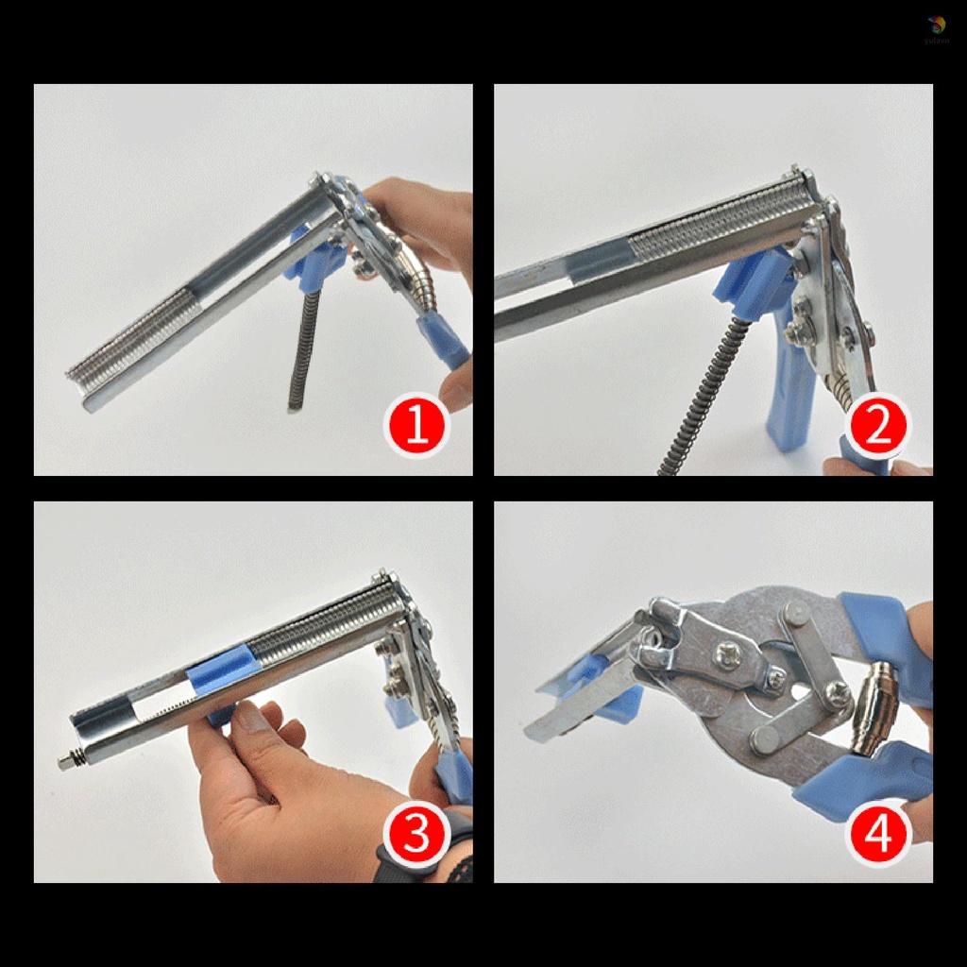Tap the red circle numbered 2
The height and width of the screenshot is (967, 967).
[x=878, y=427]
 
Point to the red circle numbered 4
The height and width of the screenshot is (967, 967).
[x=878, y=834]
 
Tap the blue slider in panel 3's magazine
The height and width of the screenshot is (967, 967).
[x=224, y=670]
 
